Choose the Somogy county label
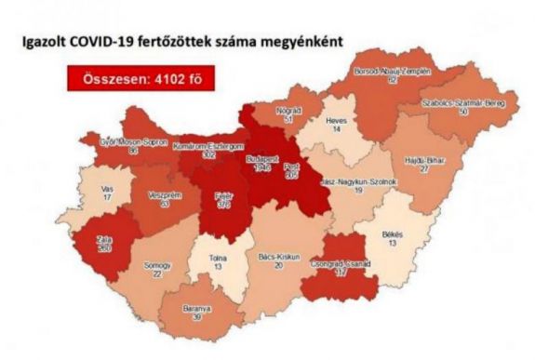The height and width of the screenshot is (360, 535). point(138,266)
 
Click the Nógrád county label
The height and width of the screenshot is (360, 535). point(290,111)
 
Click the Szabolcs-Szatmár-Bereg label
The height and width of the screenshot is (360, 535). point(462,104)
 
